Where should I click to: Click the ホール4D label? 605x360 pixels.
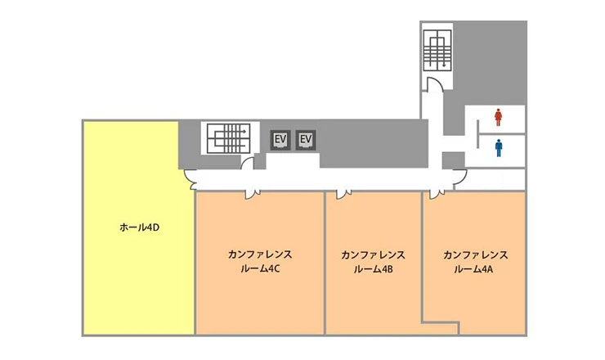(x=139, y=227)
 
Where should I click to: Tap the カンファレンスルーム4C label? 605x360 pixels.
(x=260, y=262)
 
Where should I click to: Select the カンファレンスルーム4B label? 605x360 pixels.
(x=373, y=262)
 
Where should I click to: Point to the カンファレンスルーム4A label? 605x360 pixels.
(x=475, y=262)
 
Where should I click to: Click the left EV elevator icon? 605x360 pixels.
(x=280, y=140)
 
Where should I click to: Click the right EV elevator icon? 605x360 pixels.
(x=306, y=140)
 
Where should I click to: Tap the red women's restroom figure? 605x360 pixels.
(x=498, y=118)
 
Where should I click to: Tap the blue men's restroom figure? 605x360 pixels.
(x=499, y=148)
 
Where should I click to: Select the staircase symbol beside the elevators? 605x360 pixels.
(x=228, y=138)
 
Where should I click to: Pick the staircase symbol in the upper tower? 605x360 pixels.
(x=437, y=51)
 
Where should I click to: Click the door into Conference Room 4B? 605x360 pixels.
(x=343, y=194)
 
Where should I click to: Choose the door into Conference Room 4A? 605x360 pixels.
(x=437, y=194)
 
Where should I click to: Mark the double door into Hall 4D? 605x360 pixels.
(x=190, y=180)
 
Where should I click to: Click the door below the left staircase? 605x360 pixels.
(x=247, y=164)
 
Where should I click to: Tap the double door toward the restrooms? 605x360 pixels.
(x=459, y=179)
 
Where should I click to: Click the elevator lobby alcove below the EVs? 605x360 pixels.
(x=293, y=160)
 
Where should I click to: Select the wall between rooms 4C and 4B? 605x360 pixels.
(x=325, y=263)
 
